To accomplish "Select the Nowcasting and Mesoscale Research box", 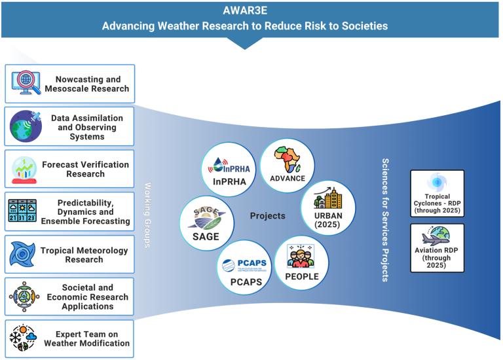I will pyautogui.click(x=69, y=83).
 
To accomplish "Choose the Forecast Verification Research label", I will pyautogui.click(x=85, y=169).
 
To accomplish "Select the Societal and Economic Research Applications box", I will pyautogui.click(x=69, y=297).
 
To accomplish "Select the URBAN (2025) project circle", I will pyautogui.click(x=327, y=207).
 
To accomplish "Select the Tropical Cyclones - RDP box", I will pyautogui.click(x=437, y=194).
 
